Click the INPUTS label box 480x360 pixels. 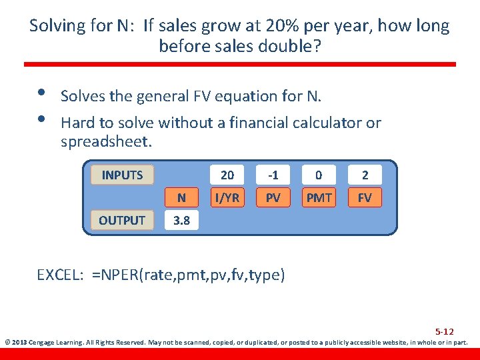[x=122, y=175]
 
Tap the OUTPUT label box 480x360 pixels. [x=122, y=220]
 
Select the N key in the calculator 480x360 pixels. [x=181, y=197]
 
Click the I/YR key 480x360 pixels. [x=227, y=197]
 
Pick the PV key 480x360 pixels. [x=273, y=197]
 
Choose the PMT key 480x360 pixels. [x=319, y=197]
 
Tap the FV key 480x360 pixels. [x=365, y=197]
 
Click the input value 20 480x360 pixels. [x=227, y=175]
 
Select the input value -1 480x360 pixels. [x=273, y=175]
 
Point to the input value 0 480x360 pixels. [x=319, y=175]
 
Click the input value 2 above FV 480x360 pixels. [x=365, y=175]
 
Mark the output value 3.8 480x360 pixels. [x=181, y=221]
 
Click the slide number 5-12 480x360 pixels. [x=444, y=331]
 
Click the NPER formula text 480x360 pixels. [x=189, y=275]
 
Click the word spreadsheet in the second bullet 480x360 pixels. [x=106, y=142]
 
